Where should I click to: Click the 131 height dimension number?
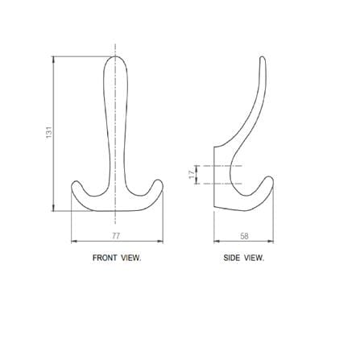(48, 132)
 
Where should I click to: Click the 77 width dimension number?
(116, 236)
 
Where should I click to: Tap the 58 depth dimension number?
(244, 236)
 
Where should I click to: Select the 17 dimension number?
(192, 175)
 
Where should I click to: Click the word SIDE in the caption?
(232, 258)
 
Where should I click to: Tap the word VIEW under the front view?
(130, 258)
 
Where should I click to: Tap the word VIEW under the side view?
(254, 258)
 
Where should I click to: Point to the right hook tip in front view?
(159, 180)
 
